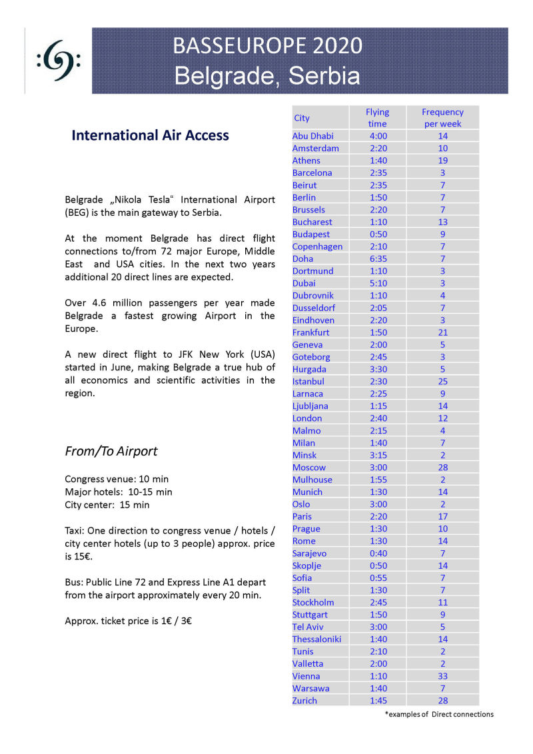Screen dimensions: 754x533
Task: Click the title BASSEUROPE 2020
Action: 267,45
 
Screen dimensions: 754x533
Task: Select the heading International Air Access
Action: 150,135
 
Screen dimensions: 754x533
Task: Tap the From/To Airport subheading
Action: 111,451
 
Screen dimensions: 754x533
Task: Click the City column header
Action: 302,118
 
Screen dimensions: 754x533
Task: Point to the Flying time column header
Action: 377,118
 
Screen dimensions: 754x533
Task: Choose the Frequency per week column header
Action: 442,118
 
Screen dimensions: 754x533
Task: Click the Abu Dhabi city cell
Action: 313,136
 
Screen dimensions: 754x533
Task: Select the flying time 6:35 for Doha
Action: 377,258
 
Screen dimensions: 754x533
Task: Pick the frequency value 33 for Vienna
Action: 442,676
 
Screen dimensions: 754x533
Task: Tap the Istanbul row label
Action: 308,382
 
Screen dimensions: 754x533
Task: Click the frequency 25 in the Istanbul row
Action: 442,382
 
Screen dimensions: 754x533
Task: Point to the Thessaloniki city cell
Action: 316,639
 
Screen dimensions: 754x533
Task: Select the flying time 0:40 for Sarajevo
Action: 377,554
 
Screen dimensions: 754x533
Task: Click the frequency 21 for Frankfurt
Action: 442,332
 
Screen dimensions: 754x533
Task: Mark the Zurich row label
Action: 304,701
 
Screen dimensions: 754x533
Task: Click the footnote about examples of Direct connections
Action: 439,715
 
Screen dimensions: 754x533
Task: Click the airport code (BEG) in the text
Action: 79,212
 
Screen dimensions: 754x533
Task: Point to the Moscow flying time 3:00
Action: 377,468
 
